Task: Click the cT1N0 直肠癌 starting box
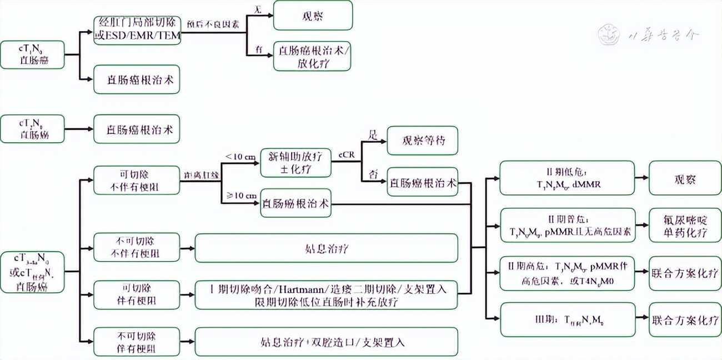[x=32, y=54]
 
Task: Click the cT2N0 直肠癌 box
[x=32, y=129]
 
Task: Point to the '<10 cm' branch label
[x=240, y=156]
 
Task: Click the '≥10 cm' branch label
[x=240, y=195]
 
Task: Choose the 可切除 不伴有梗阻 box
[x=137, y=180]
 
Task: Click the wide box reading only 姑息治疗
[x=327, y=248]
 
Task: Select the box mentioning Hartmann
[x=327, y=294]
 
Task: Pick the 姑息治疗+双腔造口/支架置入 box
[x=327, y=342]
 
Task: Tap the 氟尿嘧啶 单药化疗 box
[x=685, y=225]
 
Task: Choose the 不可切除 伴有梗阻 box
[x=137, y=342]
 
